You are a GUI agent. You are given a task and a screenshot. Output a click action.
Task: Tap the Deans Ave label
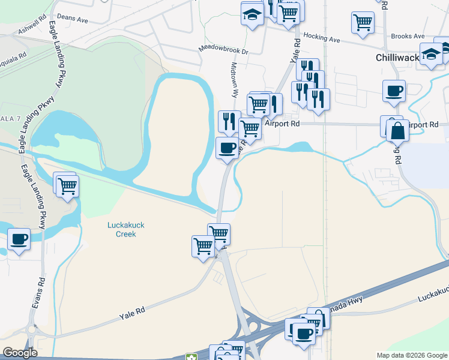click(73, 19)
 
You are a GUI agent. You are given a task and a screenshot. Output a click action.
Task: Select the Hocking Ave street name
click(322, 40)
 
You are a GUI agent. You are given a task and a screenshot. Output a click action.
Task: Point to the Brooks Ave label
click(408, 37)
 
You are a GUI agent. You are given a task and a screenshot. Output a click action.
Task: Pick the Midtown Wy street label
click(235, 81)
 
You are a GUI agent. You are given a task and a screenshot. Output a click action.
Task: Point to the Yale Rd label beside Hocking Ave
click(295, 51)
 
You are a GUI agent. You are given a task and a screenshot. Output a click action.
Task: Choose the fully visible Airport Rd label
click(282, 124)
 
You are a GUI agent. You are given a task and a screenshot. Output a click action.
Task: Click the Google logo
click(20, 353)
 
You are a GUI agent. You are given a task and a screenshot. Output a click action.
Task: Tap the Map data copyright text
click(412, 355)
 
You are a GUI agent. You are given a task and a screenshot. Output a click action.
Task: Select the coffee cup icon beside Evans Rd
click(19, 239)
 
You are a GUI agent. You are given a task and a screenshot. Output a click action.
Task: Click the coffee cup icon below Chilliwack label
click(394, 91)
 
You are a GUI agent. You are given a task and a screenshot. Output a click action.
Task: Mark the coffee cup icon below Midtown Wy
click(227, 148)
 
